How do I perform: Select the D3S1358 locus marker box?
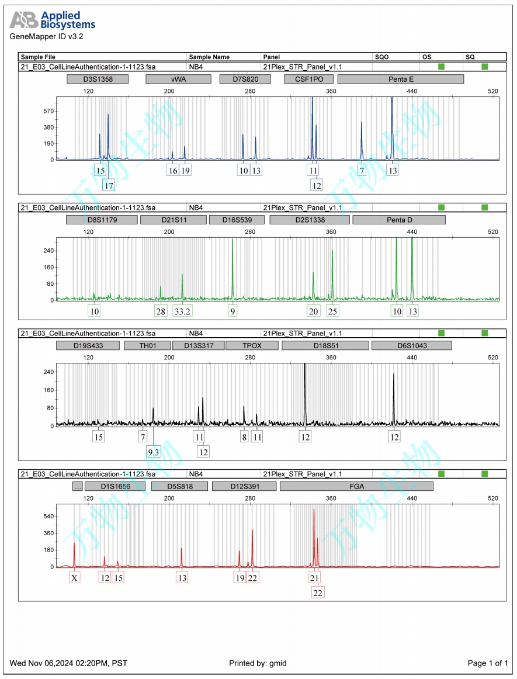coord(98,79)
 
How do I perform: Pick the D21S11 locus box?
coord(174,220)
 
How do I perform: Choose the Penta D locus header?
coord(399,220)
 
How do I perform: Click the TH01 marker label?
coord(147,345)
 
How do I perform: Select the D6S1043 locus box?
coord(412,345)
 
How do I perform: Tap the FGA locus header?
coord(356,486)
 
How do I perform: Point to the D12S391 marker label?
coord(244,486)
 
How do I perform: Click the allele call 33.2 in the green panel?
coord(183,311)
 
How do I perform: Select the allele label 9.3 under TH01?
coord(153,451)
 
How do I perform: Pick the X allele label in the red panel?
coord(74,578)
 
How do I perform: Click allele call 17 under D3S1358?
coord(109,185)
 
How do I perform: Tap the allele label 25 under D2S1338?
coord(332,311)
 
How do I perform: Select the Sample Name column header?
coord(209,57)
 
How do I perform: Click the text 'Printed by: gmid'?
coord(258,663)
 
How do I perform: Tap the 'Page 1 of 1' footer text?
coord(488,663)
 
